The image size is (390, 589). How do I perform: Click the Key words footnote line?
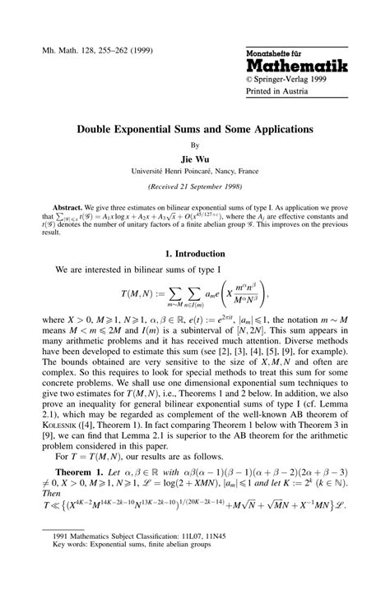click(x=137, y=567)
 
